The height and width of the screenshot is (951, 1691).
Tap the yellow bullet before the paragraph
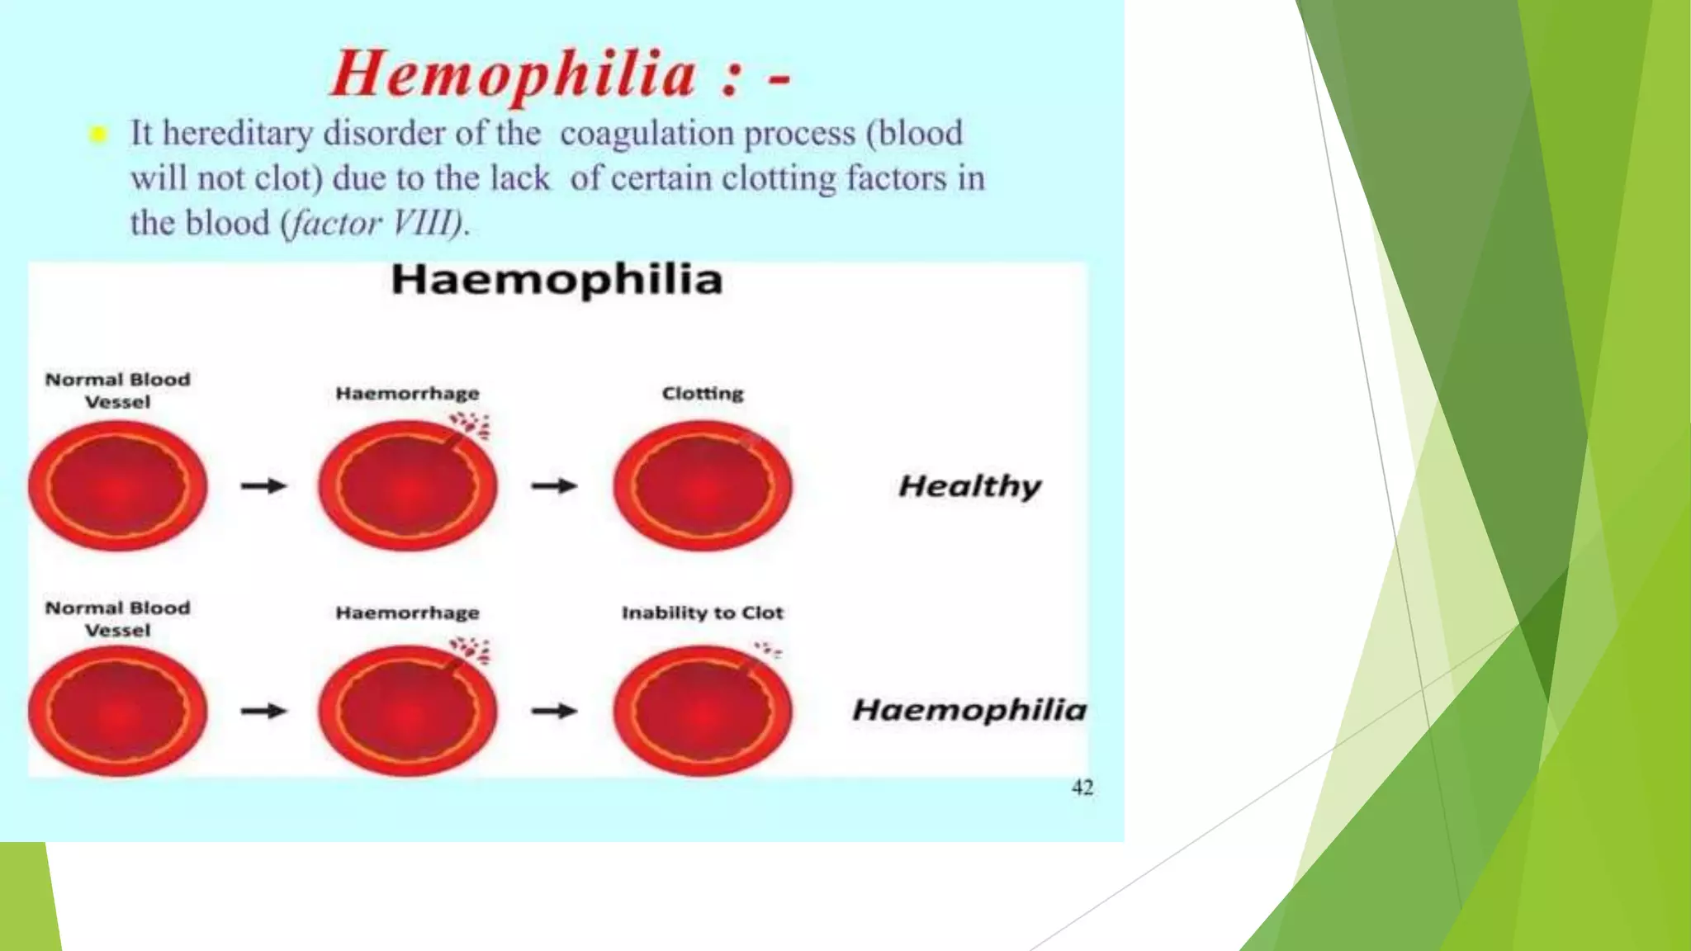coord(98,135)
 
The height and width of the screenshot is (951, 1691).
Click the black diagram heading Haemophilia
coord(557,280)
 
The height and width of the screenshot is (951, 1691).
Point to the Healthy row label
coord(969,486)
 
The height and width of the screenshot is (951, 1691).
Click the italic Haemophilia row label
coord(969,710)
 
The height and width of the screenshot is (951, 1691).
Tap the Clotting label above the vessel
coord(703,394)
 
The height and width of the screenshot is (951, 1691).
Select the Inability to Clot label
coord(702,613)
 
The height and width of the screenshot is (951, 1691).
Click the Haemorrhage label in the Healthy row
coord(407,394)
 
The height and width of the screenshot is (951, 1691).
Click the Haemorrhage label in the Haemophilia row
coord(407,613)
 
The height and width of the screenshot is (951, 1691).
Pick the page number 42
coord(1082,788)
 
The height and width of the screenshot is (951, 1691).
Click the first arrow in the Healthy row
coord(263,486)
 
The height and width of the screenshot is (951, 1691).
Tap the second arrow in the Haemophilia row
coord(554,711)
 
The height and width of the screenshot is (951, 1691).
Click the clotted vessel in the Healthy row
coord(703,487)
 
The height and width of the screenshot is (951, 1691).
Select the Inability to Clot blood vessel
coord(703,712)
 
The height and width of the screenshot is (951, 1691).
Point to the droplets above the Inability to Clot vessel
coord(769,651)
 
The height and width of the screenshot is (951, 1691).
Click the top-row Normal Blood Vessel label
coord(117,390)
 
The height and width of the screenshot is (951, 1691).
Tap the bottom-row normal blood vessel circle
coord(117,712)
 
